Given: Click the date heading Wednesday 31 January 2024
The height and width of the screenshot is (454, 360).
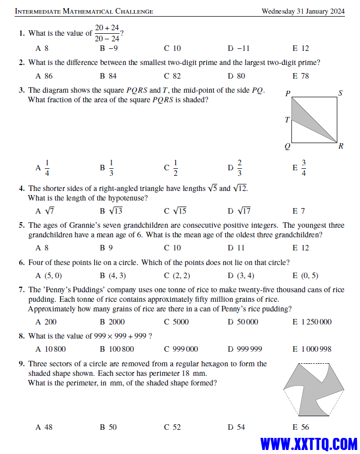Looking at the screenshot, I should pos(303,11).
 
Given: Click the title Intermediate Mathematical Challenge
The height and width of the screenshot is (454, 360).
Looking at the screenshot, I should pos(84,11).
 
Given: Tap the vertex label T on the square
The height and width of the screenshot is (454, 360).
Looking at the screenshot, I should pos(287,120).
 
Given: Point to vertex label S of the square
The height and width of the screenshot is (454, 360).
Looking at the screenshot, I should pos(340,93).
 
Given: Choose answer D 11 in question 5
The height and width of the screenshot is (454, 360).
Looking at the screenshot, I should pos(236,248).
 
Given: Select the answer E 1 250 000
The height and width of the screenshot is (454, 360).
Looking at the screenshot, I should pos(312,322).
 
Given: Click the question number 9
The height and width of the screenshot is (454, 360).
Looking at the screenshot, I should pos(22,364).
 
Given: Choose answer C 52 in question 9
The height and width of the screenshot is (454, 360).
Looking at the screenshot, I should pos(172,427).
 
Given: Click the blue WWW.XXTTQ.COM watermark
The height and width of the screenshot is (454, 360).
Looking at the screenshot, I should pos(309,444).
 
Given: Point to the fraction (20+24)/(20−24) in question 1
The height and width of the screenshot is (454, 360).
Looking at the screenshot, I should pos(107,33).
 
